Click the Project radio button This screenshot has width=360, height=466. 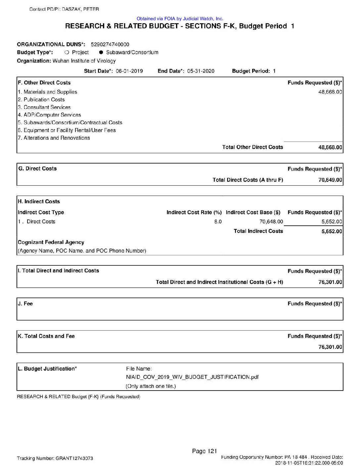pos(67,52)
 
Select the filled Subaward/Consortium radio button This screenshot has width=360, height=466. pos(101,52)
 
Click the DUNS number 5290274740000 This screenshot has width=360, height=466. pos(110,44)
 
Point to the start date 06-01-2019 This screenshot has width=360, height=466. pos(129,71)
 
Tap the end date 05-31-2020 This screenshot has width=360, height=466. pos(201,71)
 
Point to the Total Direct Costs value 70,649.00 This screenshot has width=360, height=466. pos(330,180)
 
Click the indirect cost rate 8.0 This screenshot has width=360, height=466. pos(218,222)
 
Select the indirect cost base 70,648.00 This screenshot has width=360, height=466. pos(271,222)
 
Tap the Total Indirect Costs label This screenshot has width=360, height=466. pos(258,231)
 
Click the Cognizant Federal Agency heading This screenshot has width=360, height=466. pos(51,242)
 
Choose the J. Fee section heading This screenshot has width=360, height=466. pos(25,303)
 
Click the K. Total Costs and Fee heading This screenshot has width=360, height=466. pos(46,336)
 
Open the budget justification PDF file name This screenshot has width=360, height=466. pos(192,377)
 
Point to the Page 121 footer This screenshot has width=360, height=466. pos(204,451)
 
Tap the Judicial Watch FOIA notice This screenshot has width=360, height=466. pos(180,19)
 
